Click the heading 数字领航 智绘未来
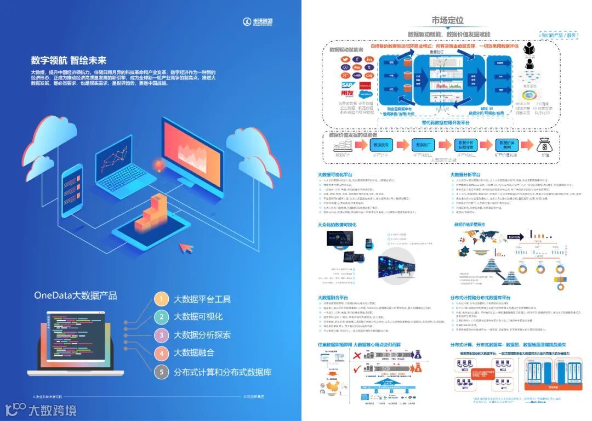pos(69,60)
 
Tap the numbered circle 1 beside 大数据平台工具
pos(161,299)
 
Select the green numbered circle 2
pos(161,317)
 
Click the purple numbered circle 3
pos(161,335)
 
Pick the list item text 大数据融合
pos(193,353)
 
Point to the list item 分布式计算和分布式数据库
pos(222,372)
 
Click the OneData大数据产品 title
pos(75,295)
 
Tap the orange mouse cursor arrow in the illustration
pos(187,248)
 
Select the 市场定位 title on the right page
pos(447,21)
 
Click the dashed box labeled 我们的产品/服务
pos(559,35)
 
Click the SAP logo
pos(347,86)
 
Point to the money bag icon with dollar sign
pos(545,145)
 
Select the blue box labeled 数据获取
pos(381,145)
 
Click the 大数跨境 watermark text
pos(52,409)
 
